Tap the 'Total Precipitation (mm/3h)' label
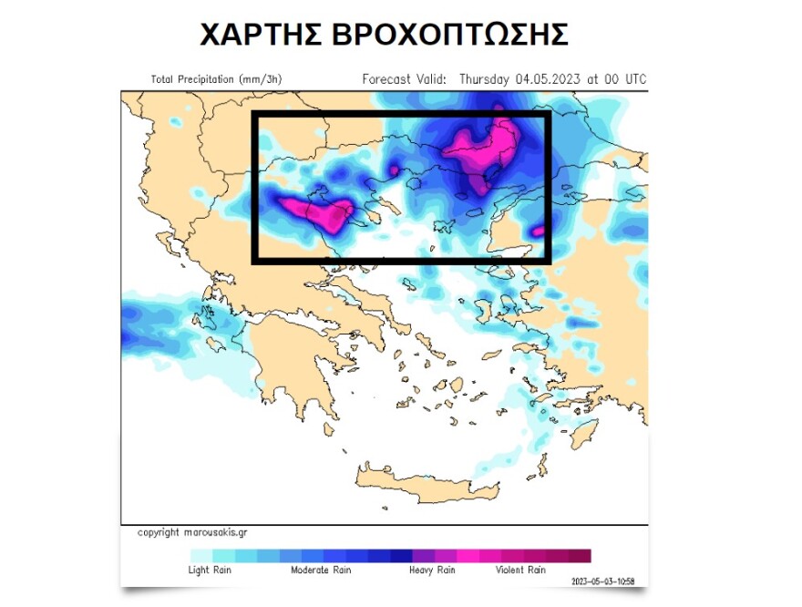point(216,79)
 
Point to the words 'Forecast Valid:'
point(405,79)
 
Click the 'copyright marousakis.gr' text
point(191,532)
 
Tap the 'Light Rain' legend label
point(211,571)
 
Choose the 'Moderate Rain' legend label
point(322,571)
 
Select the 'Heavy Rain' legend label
point(432,571)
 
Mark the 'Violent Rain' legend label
point(520,571)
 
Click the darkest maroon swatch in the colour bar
point(580,556)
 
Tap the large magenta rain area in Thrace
point(483,146)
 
